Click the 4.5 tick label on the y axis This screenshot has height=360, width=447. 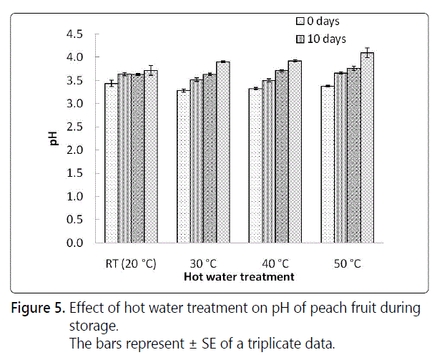(74, 34)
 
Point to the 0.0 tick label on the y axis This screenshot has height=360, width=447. (74, 243)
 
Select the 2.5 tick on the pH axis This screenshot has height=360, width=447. (74, 127)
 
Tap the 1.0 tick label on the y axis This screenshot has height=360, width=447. (74, 197)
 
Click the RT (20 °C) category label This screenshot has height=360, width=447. (130, 264)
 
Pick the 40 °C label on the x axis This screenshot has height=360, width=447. (275, 264)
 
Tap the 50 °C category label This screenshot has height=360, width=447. (347, 264)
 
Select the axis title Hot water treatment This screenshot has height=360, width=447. (238, 276)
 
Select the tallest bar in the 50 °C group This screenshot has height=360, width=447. (367, 148)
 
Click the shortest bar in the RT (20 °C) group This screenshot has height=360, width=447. (111, 163)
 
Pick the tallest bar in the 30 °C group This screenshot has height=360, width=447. (223, 152)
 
